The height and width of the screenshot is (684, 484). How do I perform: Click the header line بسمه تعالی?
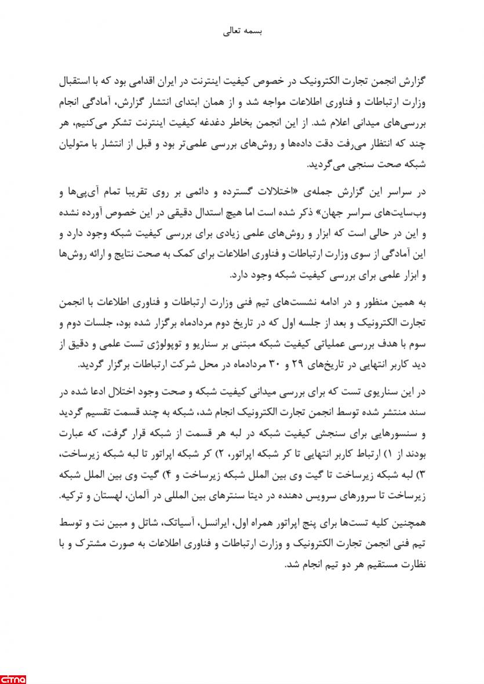coord(243,31)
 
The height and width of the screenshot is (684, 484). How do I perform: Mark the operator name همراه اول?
coord(268,524)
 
